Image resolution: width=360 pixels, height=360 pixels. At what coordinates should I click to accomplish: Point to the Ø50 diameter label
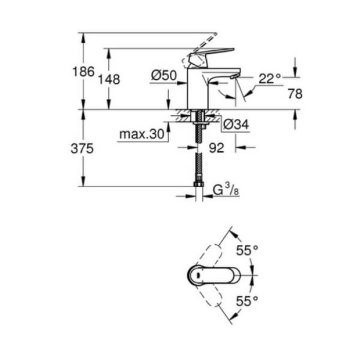pyautogui.click(x=164, y=76)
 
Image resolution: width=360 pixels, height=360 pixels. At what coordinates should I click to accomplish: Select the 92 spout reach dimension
pyautogui.click(x=217, y=148)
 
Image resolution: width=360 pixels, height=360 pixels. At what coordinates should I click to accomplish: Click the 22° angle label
pyautogui.click(x=269, y=78)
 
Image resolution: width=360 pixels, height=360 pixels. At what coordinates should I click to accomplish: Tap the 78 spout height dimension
pyautogui.click(x=295, y=94)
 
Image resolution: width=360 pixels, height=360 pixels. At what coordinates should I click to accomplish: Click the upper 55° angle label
pyautogui.click(x=246, y=250)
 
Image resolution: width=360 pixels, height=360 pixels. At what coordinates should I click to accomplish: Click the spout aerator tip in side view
pyautogui.click(x=235, y=77)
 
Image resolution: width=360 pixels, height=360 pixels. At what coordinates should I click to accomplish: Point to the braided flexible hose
pyautogui.click(x=197, y=154)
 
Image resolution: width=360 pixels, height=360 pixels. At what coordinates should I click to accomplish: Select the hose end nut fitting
pyautogui.click(x=197, y=184)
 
